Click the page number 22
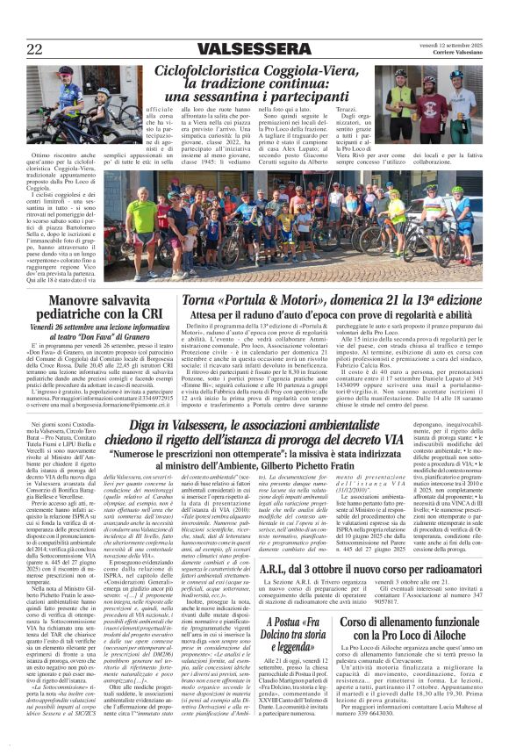tap(36, 48)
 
